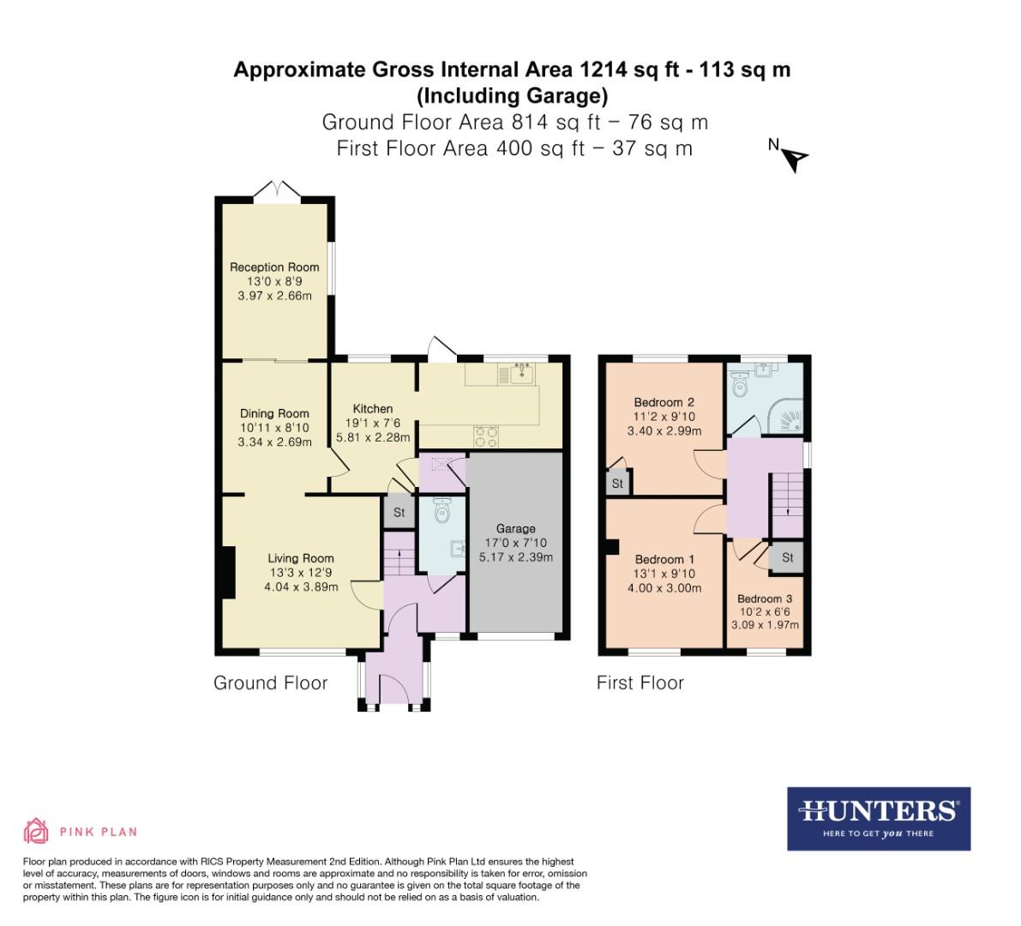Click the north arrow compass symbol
796,158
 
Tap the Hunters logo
879,818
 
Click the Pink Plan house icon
36,830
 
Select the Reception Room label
274,267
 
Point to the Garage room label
515,528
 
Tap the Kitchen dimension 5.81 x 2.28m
373,437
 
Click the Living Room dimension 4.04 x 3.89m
300,587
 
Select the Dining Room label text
274,413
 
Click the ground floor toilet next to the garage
442,511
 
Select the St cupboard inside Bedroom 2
617,484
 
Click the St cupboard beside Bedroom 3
787,557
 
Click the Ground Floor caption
270,682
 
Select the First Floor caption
640,682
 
